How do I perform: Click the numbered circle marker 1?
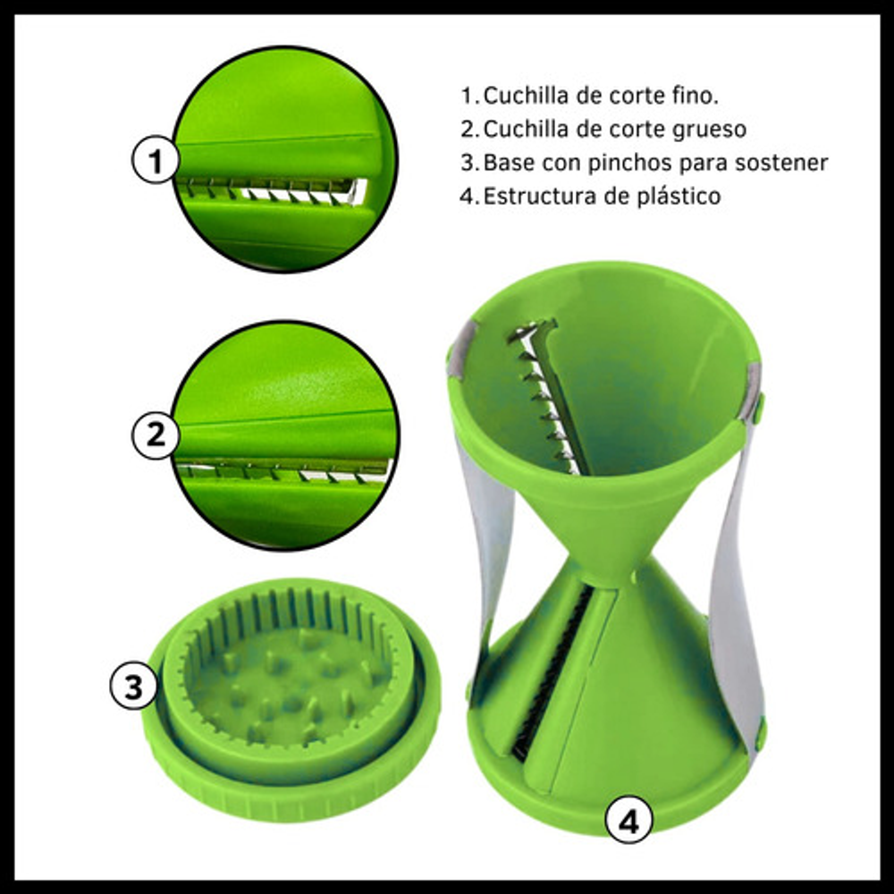click(x=156, y=160)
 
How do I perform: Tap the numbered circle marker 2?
click(x=156, y=435)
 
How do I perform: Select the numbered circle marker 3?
click(x=133, y=686)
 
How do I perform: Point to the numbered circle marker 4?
click(x=628, y=821)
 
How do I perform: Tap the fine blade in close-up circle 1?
click(x=271, y=190)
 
